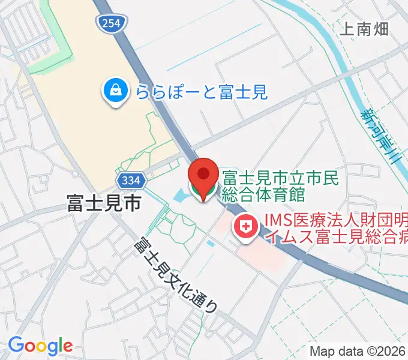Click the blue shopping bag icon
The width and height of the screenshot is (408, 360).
point(113,92)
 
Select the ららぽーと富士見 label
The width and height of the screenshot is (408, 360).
point(200,92)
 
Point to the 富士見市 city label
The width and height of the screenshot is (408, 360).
point(104,203)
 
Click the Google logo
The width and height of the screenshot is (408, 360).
point(40,346)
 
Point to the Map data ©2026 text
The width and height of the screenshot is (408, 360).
point(358,350)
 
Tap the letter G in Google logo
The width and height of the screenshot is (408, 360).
point(16,346)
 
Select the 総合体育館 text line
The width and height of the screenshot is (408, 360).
point(264,194)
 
